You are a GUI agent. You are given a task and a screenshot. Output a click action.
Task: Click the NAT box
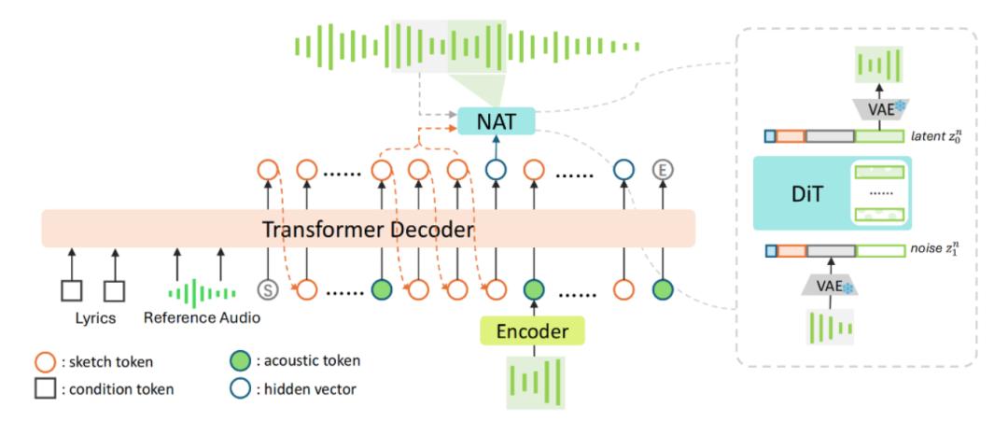click(496, 120)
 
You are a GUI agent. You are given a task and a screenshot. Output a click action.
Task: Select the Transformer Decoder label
click(368, 229)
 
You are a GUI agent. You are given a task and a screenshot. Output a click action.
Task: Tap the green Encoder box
click(532, 330)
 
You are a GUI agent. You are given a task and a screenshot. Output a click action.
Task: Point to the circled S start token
click(268, 290)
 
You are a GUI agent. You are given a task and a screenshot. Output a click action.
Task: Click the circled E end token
click(662, 170)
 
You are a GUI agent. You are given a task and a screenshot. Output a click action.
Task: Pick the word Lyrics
click(94, 318)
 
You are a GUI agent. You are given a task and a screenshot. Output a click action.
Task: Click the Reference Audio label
click(202, 317)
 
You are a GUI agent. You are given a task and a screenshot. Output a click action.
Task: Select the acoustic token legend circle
click(240, 361)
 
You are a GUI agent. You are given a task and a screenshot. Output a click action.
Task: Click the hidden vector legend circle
click(240, 388)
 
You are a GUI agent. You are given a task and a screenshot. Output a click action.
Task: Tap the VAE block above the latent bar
click(879, 108)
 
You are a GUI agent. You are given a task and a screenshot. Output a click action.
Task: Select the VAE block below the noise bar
click(830, 287)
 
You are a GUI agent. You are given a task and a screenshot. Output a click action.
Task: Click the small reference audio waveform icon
click(202, 293)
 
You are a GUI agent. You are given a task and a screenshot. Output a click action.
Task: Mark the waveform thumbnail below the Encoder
click(536, 383)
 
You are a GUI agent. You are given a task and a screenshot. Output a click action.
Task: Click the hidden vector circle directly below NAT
click(496, 170)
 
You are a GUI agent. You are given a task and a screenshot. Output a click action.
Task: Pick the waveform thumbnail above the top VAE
click(879, 64)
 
